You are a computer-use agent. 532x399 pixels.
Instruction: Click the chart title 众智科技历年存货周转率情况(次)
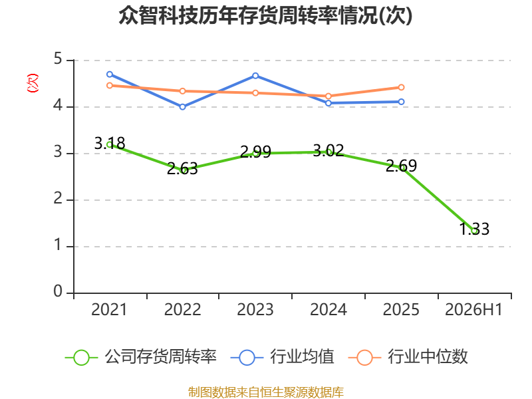tap(265, 15)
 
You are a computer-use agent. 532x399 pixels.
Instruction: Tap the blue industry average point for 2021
tap(110, 74)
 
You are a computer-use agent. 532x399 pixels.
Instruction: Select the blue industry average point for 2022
tap(182, 107)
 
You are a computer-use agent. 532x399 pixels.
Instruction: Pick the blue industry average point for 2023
tap(255, 76)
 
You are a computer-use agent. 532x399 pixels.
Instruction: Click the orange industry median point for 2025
tap(402, 87)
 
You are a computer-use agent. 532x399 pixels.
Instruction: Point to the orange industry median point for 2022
tap(182, 91)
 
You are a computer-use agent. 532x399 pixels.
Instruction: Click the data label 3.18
tap(110, 143)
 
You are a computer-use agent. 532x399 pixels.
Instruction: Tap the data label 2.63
tap(182, 169)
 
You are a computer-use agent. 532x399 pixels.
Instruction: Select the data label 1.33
tap(474, 229)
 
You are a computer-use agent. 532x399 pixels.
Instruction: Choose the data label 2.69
tap(402, 166)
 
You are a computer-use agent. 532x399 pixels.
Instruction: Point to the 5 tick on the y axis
tap(58, 59)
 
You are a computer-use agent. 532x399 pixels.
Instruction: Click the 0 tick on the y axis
tap(58, 291)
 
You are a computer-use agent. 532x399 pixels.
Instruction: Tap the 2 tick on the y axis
tap(58, 198)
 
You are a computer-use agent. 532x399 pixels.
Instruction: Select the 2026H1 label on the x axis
tap(473, 309)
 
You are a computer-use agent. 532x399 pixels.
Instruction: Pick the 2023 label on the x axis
tap(255, 309)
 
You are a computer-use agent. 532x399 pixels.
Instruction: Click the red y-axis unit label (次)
tap(33, 82)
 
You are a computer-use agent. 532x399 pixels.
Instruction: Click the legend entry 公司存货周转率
tap(141, 357)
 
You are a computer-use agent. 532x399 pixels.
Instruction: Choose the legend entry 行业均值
tap(282, 357)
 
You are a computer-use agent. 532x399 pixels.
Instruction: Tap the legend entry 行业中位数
tap(408, 357)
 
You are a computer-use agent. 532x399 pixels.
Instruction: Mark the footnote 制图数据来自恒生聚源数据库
tap(266, 392)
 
